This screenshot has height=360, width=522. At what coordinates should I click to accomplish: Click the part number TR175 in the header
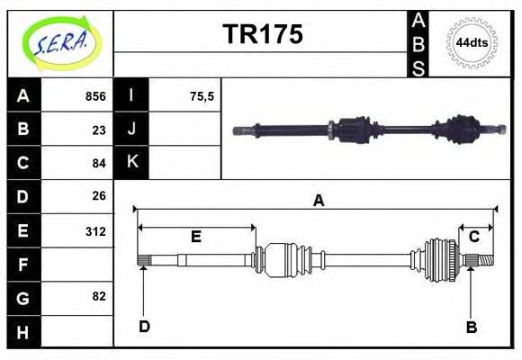262,34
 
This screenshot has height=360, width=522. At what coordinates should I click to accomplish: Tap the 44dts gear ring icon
472,43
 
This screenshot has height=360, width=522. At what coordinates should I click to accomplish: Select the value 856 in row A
94,96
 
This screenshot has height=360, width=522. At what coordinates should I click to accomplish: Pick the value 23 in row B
98,130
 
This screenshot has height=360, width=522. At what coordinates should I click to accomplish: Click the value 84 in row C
98,163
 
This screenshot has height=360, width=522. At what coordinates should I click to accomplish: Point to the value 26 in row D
98,196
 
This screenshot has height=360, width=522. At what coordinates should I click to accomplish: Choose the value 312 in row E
94,230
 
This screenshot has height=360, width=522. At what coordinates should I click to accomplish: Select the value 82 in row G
98,296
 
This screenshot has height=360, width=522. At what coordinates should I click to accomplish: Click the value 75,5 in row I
202,96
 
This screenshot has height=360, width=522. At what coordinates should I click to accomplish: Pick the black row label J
131,130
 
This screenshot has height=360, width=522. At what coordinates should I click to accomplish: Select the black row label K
131,163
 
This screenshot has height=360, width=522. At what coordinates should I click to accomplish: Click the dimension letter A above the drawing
318,201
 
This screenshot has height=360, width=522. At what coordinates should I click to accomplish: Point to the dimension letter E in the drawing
195,237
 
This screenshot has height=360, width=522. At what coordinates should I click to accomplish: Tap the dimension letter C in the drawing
473,237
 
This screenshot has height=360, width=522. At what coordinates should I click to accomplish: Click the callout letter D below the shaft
144,326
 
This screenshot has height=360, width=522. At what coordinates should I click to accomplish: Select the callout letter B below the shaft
471,327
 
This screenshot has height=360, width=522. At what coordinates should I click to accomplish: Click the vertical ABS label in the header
418,43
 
